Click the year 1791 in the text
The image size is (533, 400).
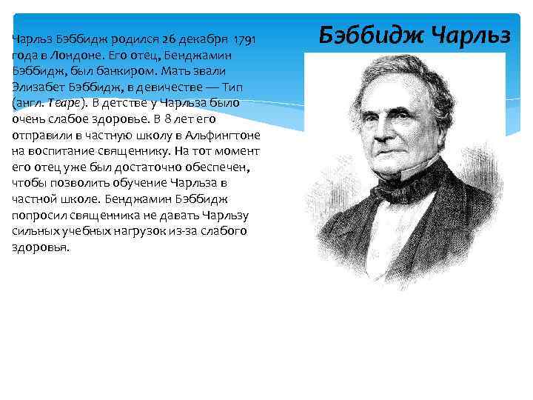(245, 39)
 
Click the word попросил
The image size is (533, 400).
(41, 216)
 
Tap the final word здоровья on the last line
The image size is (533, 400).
(41, 247)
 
